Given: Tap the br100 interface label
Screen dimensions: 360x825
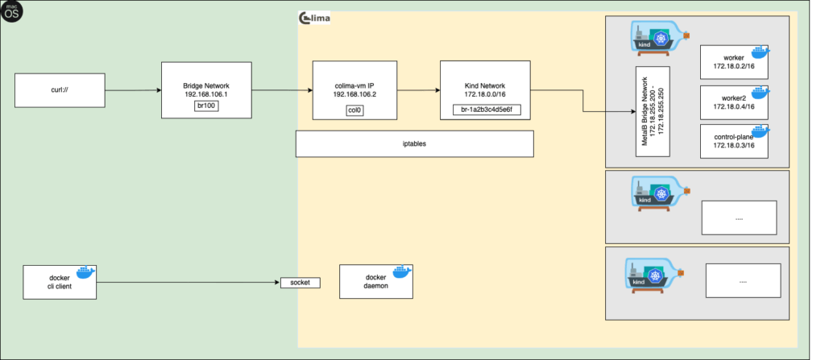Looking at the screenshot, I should tap(208, 106).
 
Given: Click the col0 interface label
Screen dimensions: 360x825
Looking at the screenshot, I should tap(354, 110).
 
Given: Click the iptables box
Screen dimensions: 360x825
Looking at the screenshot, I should tap(414, 143).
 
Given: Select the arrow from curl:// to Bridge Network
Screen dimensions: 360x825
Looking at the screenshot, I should tap(132, 90).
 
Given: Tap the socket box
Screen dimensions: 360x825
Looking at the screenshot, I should tap(300, 283).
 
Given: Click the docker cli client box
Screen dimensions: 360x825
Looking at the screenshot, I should tap(59, 283).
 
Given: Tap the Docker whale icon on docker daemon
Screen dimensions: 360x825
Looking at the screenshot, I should tap(400, 272).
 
